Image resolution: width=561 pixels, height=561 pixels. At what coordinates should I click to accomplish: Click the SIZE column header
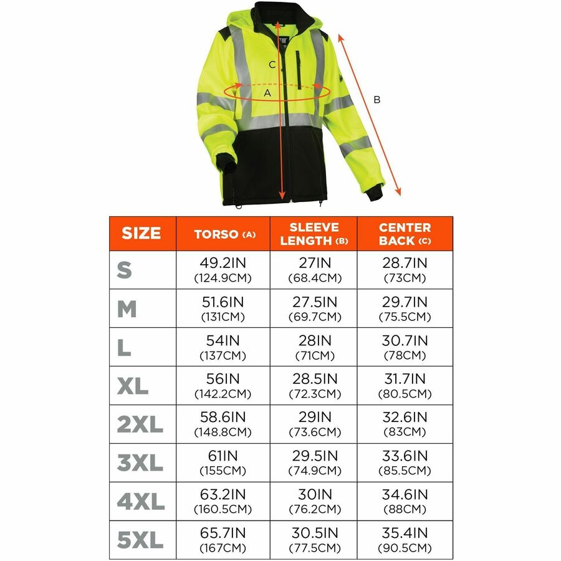click(x=141, y=234)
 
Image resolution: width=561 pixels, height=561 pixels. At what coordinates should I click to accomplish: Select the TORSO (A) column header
click(x=223, y=234)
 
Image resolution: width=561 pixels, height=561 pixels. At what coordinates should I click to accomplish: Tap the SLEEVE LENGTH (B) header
click(x=314, y=234)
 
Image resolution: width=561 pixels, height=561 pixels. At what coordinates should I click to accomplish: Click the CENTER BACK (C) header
click(x=405, y=234)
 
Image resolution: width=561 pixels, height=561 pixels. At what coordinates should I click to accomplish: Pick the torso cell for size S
click(x=223, y=270)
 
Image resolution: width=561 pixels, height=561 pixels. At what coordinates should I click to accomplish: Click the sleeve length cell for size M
click(x=314, y=309)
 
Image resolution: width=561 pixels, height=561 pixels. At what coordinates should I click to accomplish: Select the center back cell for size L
click(x=405, y=347)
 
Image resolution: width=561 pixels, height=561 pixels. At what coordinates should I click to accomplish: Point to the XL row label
click(x=133, y=386)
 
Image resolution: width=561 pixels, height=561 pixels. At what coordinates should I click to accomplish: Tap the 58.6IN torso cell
click(x=223, y=424)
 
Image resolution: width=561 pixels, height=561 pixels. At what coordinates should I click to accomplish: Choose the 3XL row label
click(x=140, y=463)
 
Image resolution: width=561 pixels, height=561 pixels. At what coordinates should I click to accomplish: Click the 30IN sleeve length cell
click(x=314, y=502)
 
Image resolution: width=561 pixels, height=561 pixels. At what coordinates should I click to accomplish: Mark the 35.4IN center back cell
click(x=405, y=540)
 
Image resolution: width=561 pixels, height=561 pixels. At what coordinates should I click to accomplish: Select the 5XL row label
click(x=140, y=540)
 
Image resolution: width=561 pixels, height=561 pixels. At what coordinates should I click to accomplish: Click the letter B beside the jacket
click(x=376, y=99)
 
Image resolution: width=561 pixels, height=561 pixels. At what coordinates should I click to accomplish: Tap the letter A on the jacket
click(x=267, y=93)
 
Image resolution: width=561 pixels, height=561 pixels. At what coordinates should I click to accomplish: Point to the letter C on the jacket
click(x=272, y=64)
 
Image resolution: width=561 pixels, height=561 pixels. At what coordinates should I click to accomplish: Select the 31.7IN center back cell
click(x=405, y=386)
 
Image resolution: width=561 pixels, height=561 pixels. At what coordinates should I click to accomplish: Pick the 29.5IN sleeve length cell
click(x=314, y=463)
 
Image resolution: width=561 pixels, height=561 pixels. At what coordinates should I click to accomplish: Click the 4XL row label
click(x=140, y=502)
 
